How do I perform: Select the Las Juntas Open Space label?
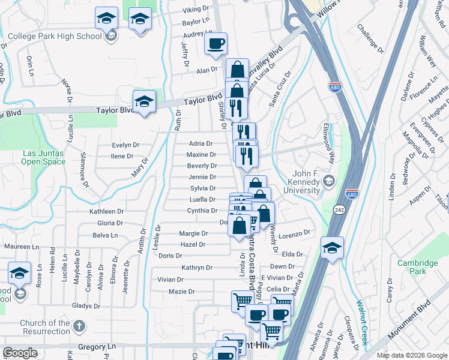click(44, 157)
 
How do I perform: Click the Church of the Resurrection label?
click(44, 327)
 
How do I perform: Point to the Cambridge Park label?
click(417, 268)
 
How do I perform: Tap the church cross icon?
click(79, 327)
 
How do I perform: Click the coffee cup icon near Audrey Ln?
click(216, 43)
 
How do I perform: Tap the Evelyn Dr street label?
click(125, 145)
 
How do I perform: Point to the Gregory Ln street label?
click(95, 347)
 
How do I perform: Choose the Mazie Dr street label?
click(182, 292)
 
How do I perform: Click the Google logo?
click(20, 353)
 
